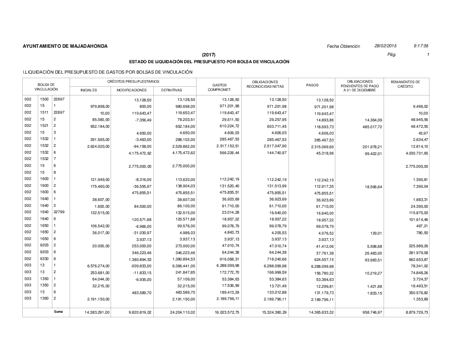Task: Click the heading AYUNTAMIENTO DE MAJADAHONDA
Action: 65,46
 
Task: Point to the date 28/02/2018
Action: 385,46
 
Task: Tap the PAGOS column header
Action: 312,85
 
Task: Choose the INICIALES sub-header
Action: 88,90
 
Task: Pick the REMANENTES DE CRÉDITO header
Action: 405,85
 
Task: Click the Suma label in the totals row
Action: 58,312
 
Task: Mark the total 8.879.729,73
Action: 413,313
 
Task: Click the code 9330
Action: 44,259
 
